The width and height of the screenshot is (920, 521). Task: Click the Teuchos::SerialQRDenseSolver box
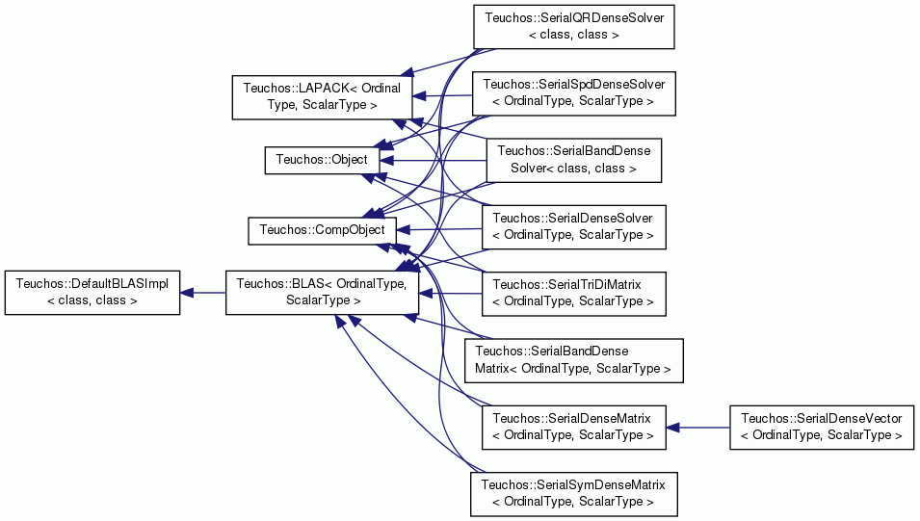(x=574, y=26)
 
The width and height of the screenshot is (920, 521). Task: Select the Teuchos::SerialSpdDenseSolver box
(x=574, y=93)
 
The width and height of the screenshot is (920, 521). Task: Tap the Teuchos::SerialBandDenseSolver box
(x=574, y=160)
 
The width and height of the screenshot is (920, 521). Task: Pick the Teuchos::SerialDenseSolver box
(x=574, y=227)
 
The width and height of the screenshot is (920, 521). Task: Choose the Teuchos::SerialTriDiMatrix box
(x=574, y=294)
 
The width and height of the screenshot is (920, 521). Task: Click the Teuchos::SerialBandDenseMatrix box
(x=574, y=360)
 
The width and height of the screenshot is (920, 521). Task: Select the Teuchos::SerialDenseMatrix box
(x=574, y=428)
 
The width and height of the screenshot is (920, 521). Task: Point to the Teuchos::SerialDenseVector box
(x=822, y=428)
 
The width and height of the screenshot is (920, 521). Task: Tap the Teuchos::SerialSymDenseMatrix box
(x=574, y=494)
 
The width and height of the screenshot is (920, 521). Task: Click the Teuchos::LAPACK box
(x=322, y=97)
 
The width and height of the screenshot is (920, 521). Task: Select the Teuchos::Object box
(x=322, y=160)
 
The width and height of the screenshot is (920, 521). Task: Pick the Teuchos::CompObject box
(x=322, y=230)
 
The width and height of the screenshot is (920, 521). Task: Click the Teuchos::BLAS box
(x=322, y=292)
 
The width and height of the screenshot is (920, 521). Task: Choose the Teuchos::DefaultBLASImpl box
(x=92, y=292)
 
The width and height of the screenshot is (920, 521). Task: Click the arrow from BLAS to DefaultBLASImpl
(x=203, y=293)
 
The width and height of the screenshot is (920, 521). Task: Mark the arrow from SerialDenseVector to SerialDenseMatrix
(x=698, y=428)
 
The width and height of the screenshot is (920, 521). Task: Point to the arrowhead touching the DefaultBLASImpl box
(x=187, y=293)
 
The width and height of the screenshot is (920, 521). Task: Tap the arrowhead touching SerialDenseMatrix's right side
(x=673, y=428)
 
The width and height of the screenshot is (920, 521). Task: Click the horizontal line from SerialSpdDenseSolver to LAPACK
(x=443, y=96)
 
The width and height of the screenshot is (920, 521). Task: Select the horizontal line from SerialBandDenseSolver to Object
(x=433, y=160)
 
